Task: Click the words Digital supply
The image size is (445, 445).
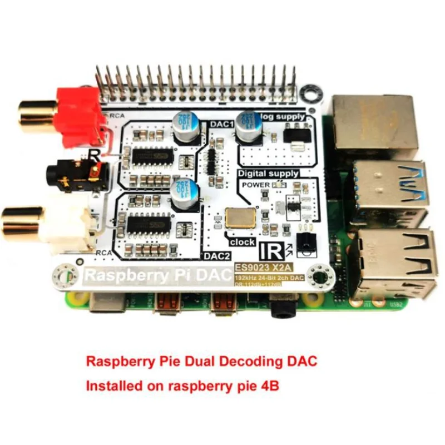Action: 268,174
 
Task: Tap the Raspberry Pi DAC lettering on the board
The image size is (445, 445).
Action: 157,275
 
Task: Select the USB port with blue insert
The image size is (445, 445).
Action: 391,187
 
